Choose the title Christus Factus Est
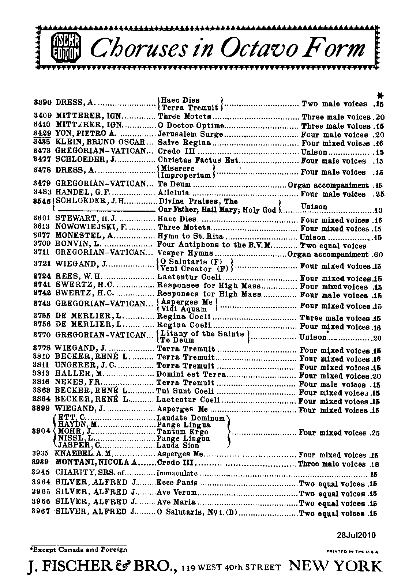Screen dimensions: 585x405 [x=198, y=160]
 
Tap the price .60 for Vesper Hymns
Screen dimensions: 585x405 [x=376, y=254]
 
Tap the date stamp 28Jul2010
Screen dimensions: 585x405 [x=356, y=536]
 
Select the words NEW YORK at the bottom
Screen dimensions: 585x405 [x=335, y=566]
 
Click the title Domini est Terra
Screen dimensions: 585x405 [x=191, y=374]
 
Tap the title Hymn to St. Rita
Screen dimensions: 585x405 [x=190, y=237]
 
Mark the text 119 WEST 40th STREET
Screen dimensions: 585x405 [x=233, y=567]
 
